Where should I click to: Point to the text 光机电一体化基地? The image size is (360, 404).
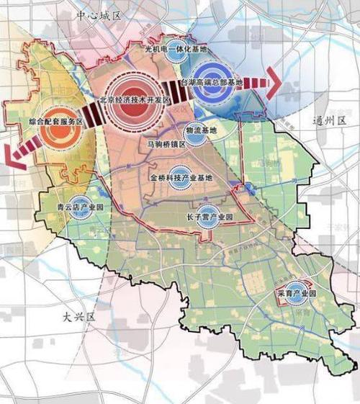(x=176, y=50)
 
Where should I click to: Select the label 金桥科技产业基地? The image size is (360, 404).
(x=181, y=177)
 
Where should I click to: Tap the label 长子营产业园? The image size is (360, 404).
(x=210, y=216)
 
